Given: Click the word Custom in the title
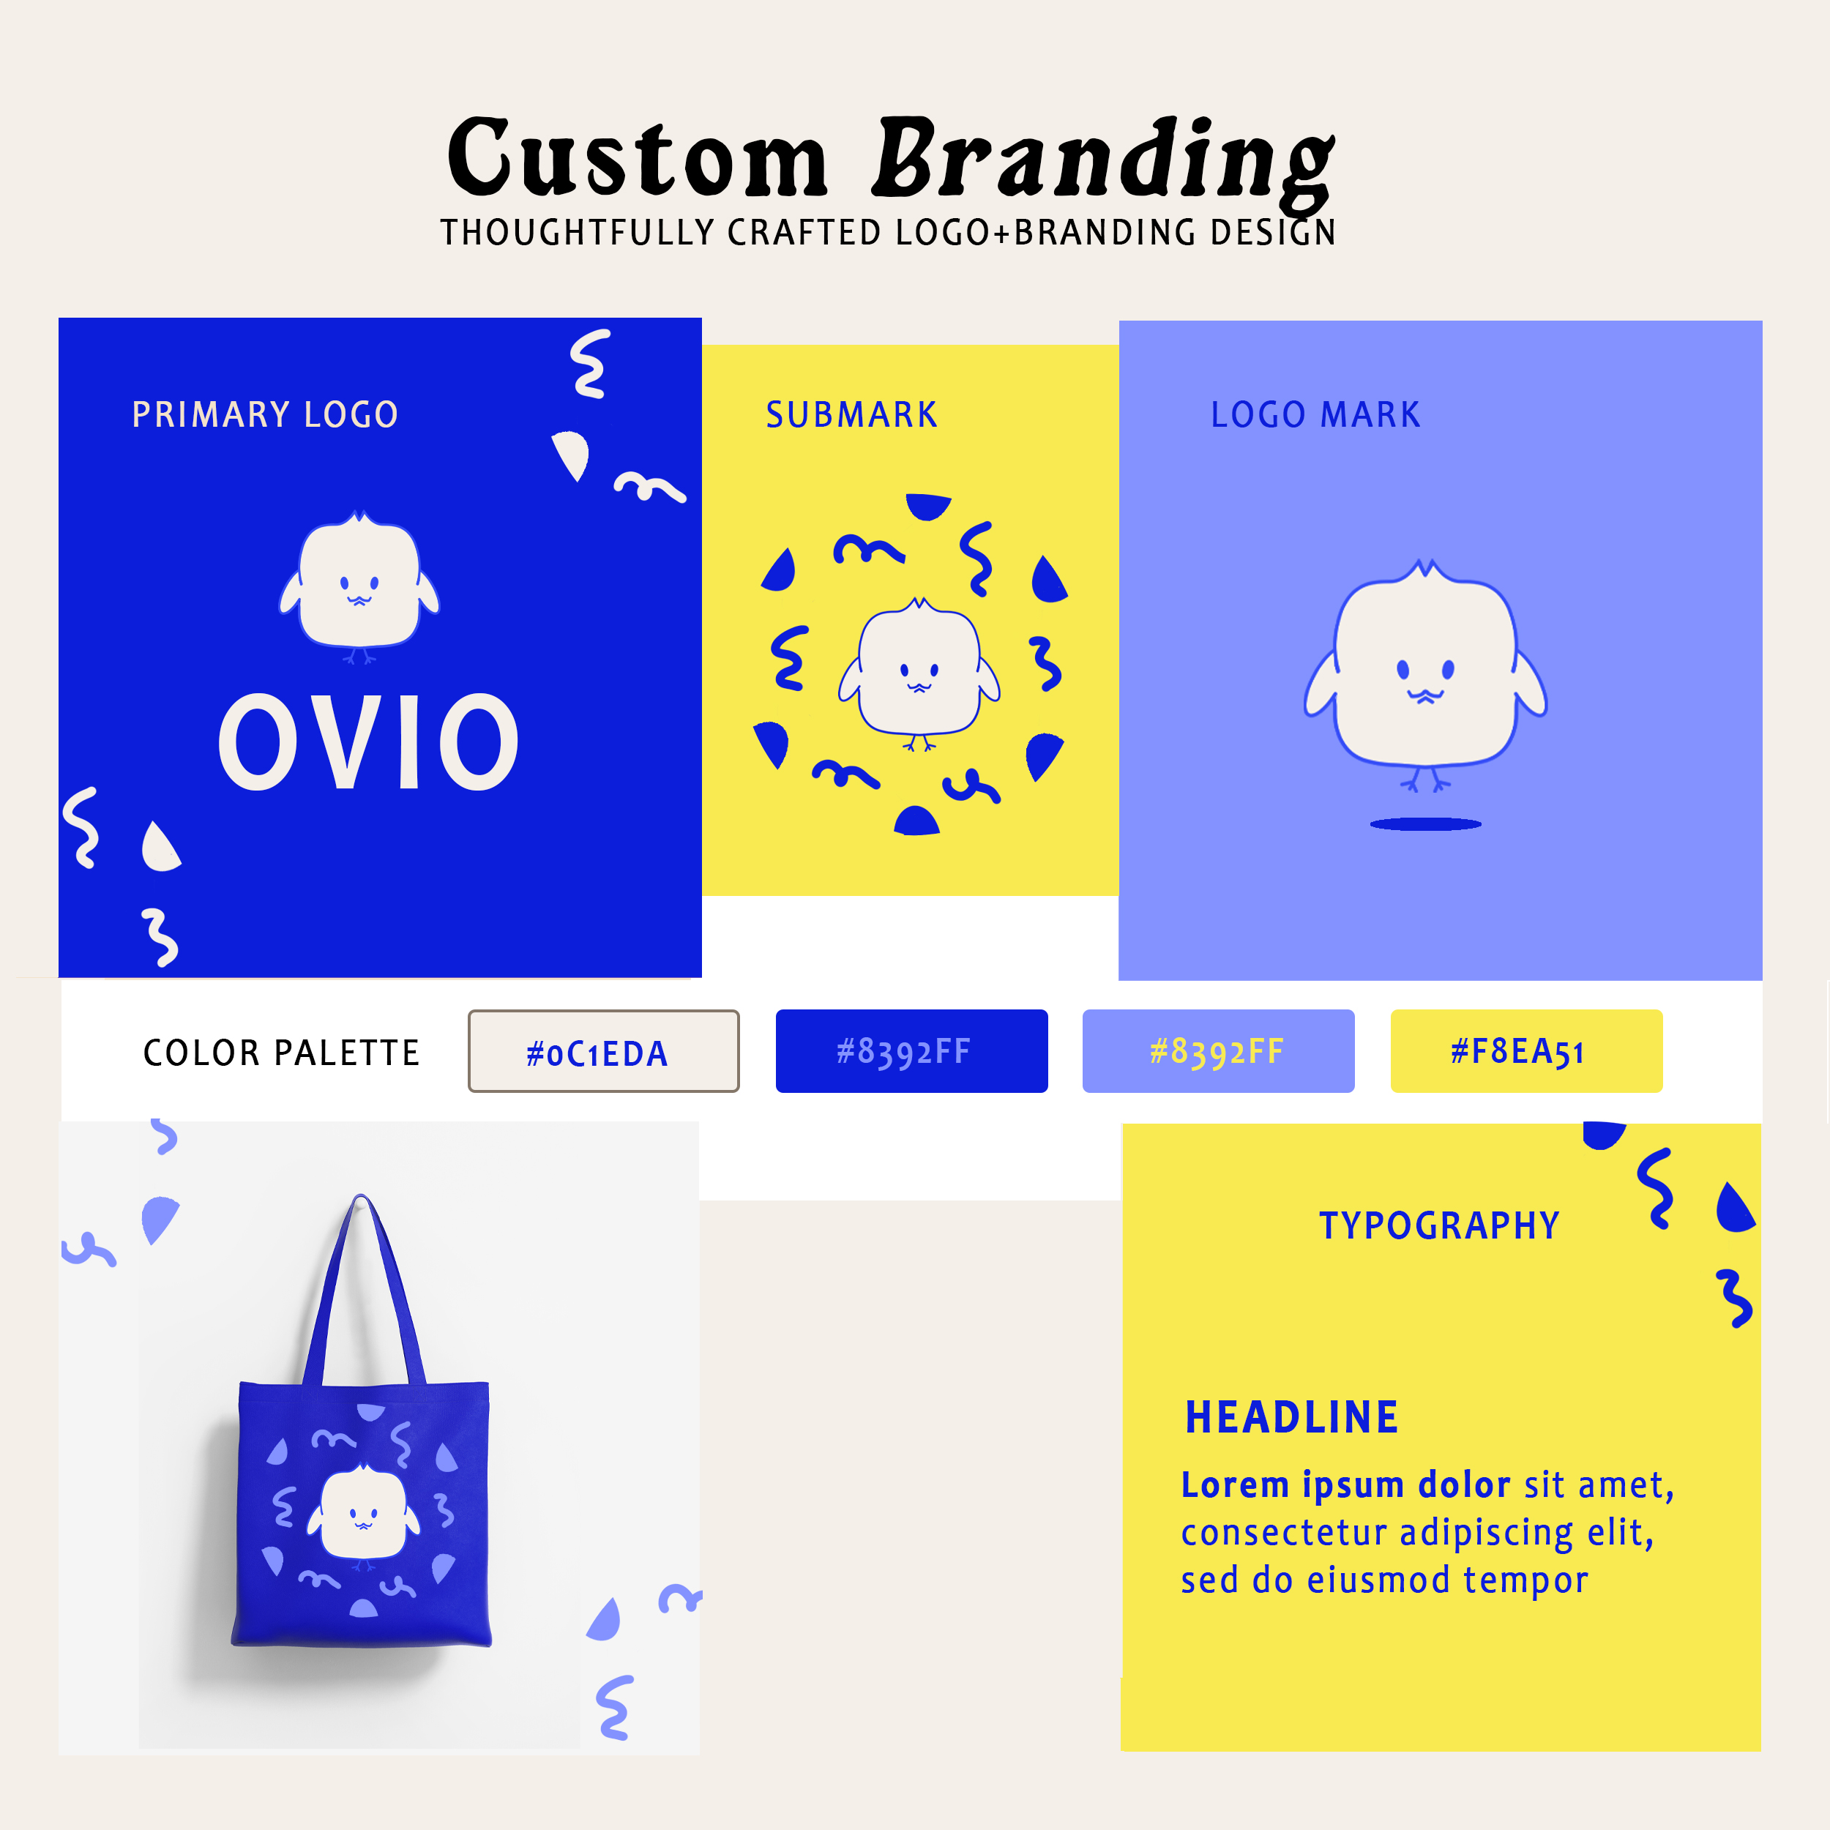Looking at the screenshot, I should (638, 159).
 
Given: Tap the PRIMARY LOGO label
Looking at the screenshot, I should (265, 415).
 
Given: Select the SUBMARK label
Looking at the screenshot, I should (851, 415).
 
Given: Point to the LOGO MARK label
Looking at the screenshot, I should (1315, 415).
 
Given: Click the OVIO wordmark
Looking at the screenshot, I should (368, 742).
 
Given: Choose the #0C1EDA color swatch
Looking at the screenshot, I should (603, 1051).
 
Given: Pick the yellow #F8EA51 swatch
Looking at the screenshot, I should (1526, 1051).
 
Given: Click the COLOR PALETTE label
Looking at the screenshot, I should (281, 1053).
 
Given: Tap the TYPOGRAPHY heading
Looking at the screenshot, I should (1439, 1225).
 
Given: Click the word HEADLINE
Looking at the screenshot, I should (1292, 1418).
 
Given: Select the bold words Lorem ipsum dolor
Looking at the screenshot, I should (1345, 1485).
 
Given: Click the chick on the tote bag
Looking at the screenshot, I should (364, 1514).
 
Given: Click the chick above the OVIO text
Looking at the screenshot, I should (359, 584).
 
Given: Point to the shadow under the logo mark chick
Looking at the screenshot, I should (1425, 824).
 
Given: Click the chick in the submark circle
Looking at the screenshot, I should (919, 671).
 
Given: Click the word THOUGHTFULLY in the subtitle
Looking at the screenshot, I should (577, 232).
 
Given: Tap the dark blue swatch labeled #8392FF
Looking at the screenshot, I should (911, 1051).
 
